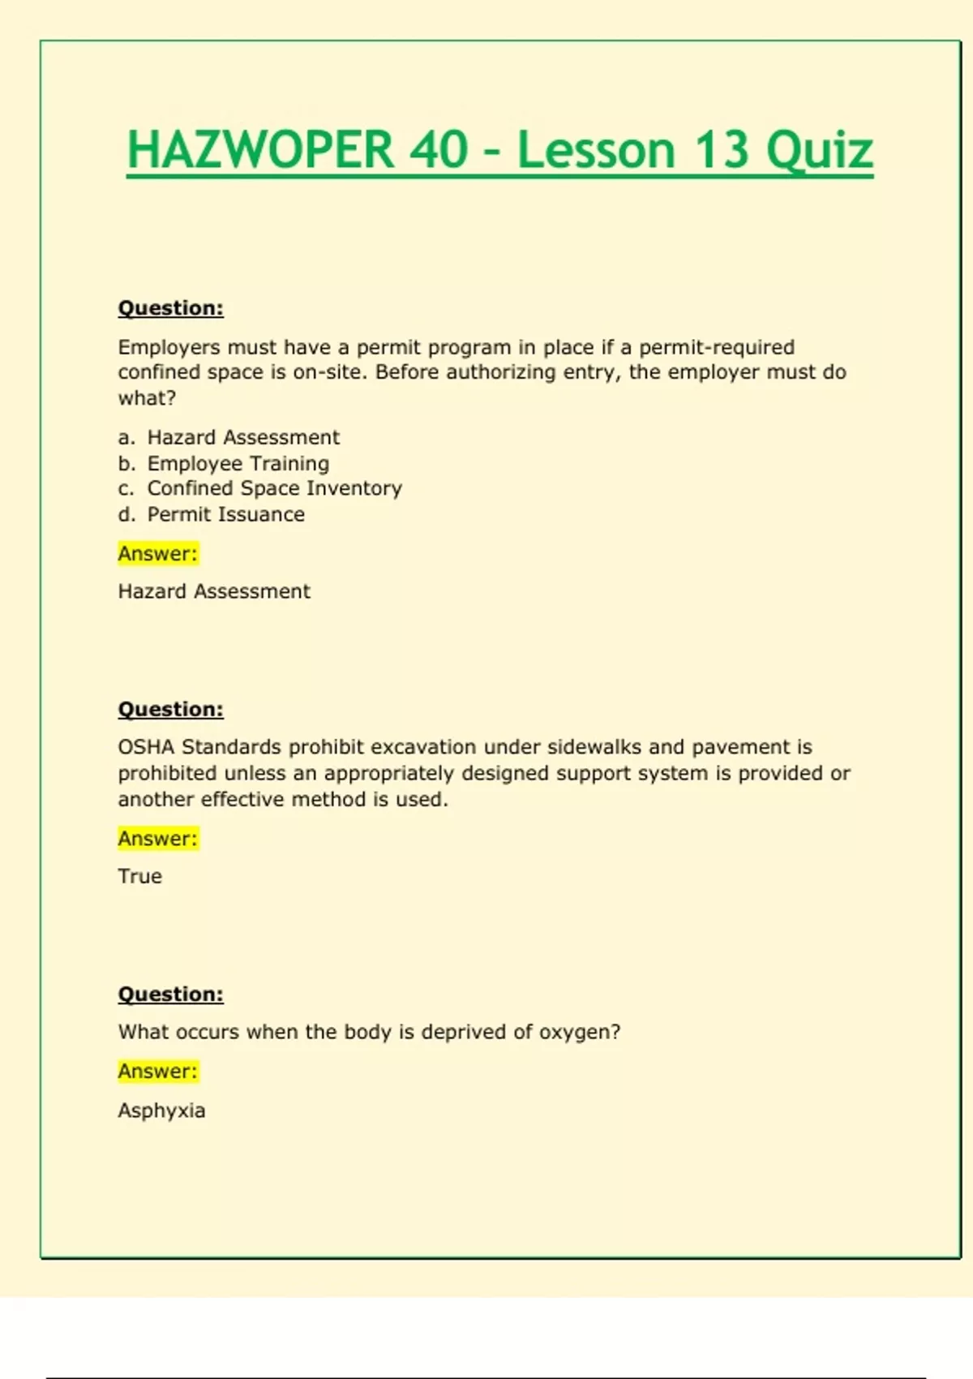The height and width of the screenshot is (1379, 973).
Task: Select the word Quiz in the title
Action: click(820, 152)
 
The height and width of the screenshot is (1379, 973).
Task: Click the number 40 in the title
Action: click(439, 150)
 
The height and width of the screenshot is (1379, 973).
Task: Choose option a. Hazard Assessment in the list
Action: click(229, 437)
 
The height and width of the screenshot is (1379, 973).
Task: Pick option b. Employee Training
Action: click(224, 463)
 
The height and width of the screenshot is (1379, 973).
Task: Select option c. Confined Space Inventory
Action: click(260, 488)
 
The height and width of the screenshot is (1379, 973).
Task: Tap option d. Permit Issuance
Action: click(212, 514)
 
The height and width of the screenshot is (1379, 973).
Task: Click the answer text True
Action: click(139, 876)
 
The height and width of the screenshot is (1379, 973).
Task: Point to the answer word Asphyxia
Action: click(161, 1111)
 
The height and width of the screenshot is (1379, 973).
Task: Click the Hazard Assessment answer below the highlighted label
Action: click(214, 591)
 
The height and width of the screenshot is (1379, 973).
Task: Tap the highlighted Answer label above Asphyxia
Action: click(157, 1072)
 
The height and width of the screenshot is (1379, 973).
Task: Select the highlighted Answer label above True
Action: click(157, 838)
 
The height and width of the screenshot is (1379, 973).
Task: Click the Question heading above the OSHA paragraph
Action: click(170, 709)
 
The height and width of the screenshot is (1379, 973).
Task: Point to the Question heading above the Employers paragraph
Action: click(170, 308)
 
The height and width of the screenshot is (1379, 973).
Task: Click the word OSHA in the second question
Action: click(146, 747)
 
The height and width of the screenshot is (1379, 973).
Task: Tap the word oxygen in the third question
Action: click(579, 1033)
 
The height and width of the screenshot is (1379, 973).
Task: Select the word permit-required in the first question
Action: click(717, 347)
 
